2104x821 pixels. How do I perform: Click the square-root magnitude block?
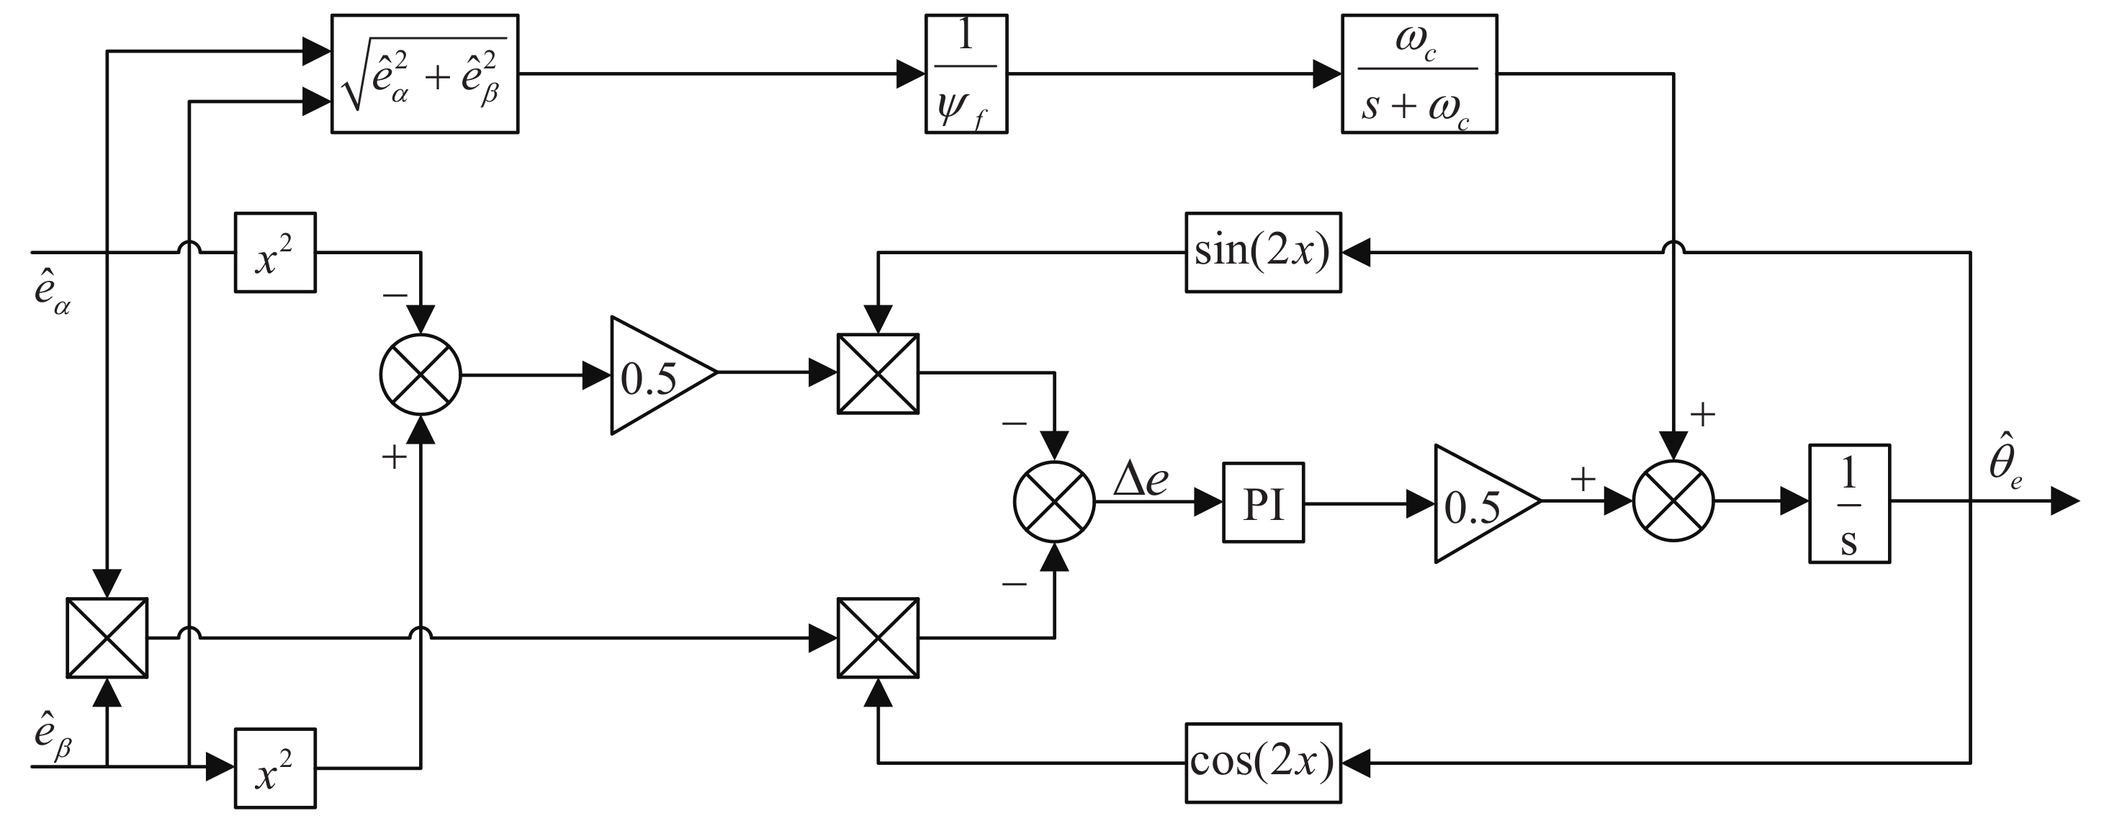point(425,73)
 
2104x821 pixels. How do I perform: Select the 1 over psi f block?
point(966,73)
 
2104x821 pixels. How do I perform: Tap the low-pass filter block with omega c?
point(1419,73)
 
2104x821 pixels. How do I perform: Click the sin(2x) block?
point(1263,253)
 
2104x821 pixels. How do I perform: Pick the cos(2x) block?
point(1263,761)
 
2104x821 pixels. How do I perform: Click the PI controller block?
point(1263,503)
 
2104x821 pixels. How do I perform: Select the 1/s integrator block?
point(1849,503)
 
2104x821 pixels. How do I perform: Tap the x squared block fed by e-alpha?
point(275,253)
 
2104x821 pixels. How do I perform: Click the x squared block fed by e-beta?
point(275,768)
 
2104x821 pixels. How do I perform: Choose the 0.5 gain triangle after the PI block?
point(1478,503)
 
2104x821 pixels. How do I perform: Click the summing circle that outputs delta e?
point(1053,501)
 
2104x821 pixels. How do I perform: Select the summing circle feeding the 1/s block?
point(1673,501)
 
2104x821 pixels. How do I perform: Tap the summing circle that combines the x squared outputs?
point(421,375)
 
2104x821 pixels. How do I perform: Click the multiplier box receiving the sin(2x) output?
point(878,373)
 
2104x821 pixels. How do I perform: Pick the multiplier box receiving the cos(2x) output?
point(878,637)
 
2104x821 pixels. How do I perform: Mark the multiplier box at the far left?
point(107,637)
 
